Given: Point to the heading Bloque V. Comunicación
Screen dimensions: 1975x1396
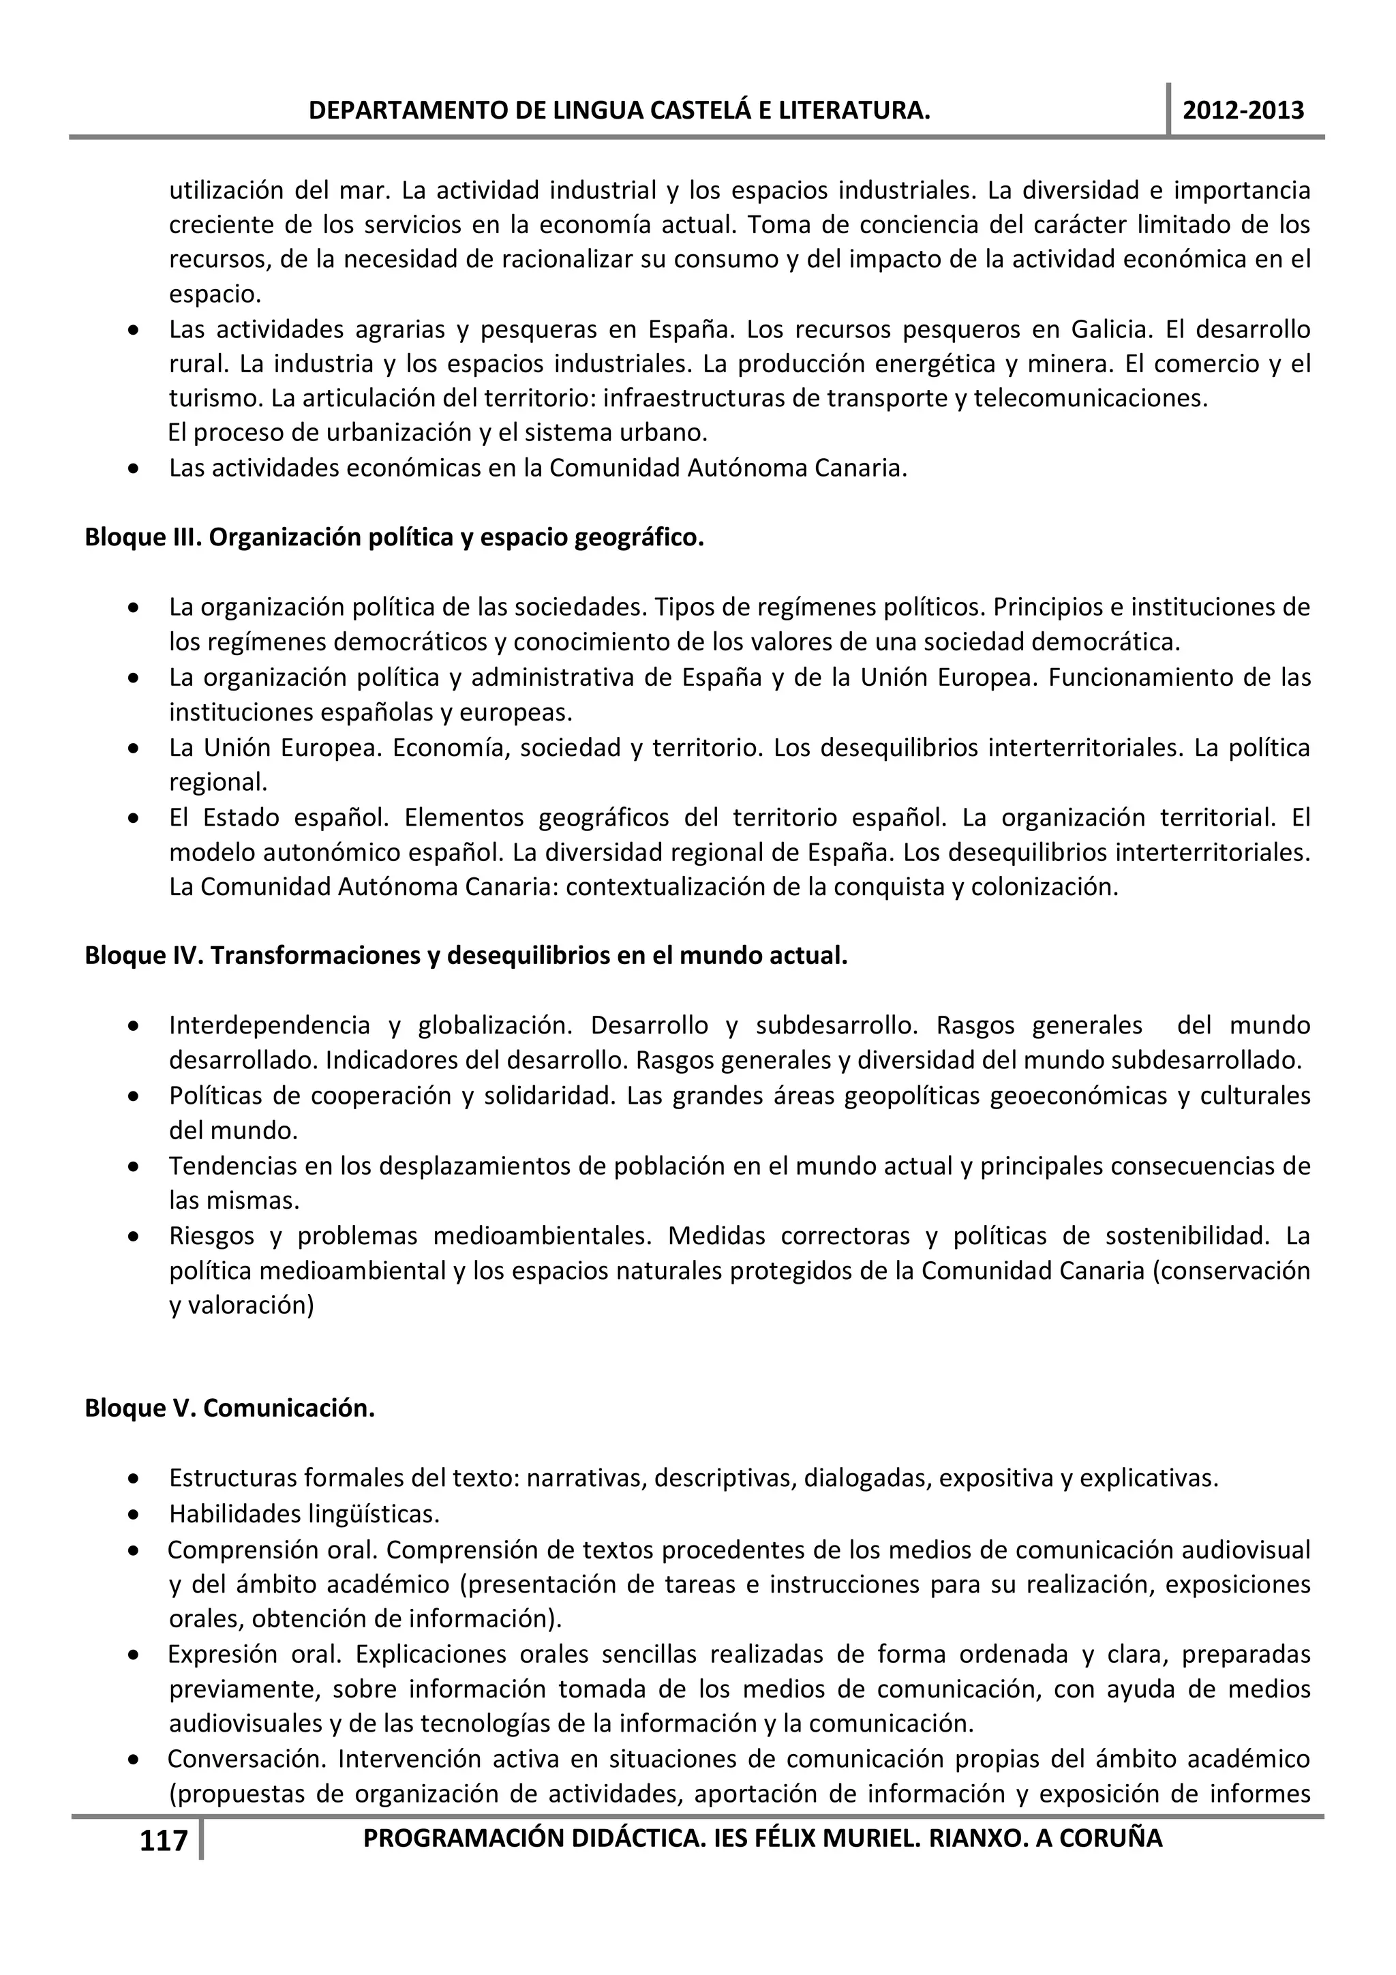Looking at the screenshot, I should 230,1408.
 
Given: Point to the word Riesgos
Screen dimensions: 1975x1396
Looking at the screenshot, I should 211,1236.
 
